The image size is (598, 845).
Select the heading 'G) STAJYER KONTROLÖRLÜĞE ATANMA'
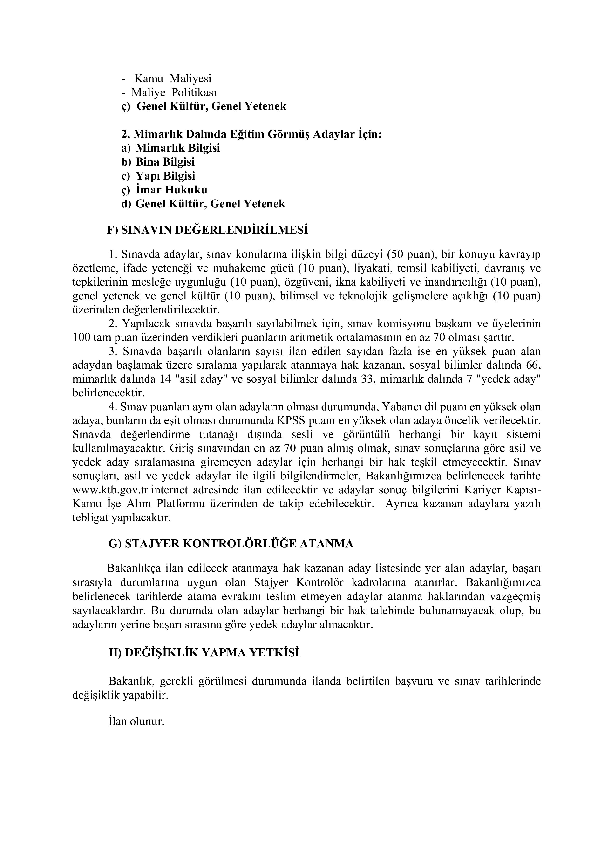(231, 544)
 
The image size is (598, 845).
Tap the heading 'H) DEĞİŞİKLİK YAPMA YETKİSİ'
(204, 652)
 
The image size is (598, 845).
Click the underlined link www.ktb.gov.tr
(110, 490)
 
